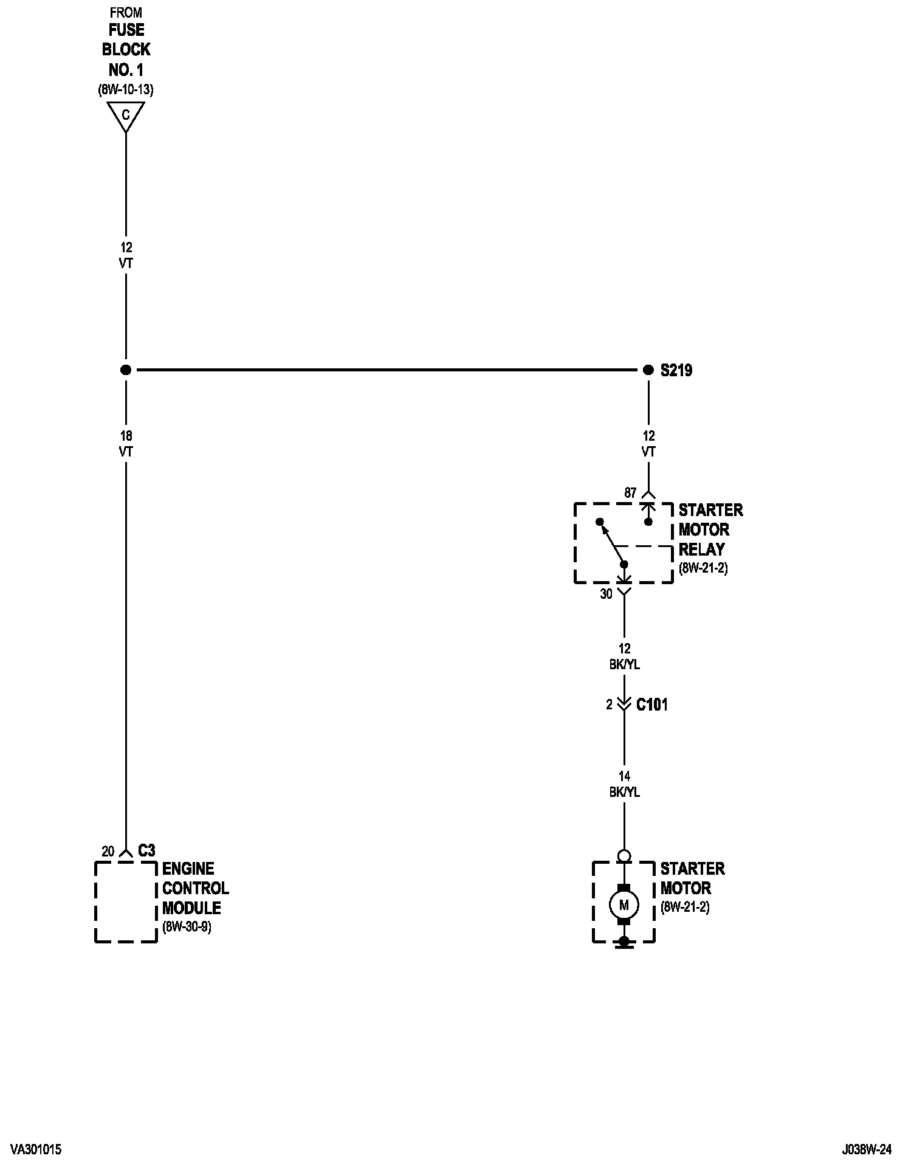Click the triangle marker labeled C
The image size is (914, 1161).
pos(126,115)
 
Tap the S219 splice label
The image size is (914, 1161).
pos(676,370)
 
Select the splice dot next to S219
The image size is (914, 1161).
pos(648,370)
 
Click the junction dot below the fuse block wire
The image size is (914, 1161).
pos(126,370)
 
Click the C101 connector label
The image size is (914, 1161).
pos(651,705)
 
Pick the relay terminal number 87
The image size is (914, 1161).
pos(630,494)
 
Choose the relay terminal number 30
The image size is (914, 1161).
pos(606,594)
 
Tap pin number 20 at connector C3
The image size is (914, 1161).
pos(108,852)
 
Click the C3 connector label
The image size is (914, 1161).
pos(146,850)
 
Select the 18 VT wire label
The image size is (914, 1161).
pos(126,444)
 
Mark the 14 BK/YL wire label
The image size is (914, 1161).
pos(624,784)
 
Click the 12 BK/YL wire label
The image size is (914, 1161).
pos(624,656)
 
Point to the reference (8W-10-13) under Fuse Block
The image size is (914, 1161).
pos(126,90)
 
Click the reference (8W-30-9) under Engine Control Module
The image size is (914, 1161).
pos(187,928)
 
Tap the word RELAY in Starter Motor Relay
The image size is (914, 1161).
pos(701,549)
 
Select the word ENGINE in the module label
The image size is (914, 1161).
pos(188,869)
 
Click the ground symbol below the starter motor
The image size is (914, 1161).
pos(624,943)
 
